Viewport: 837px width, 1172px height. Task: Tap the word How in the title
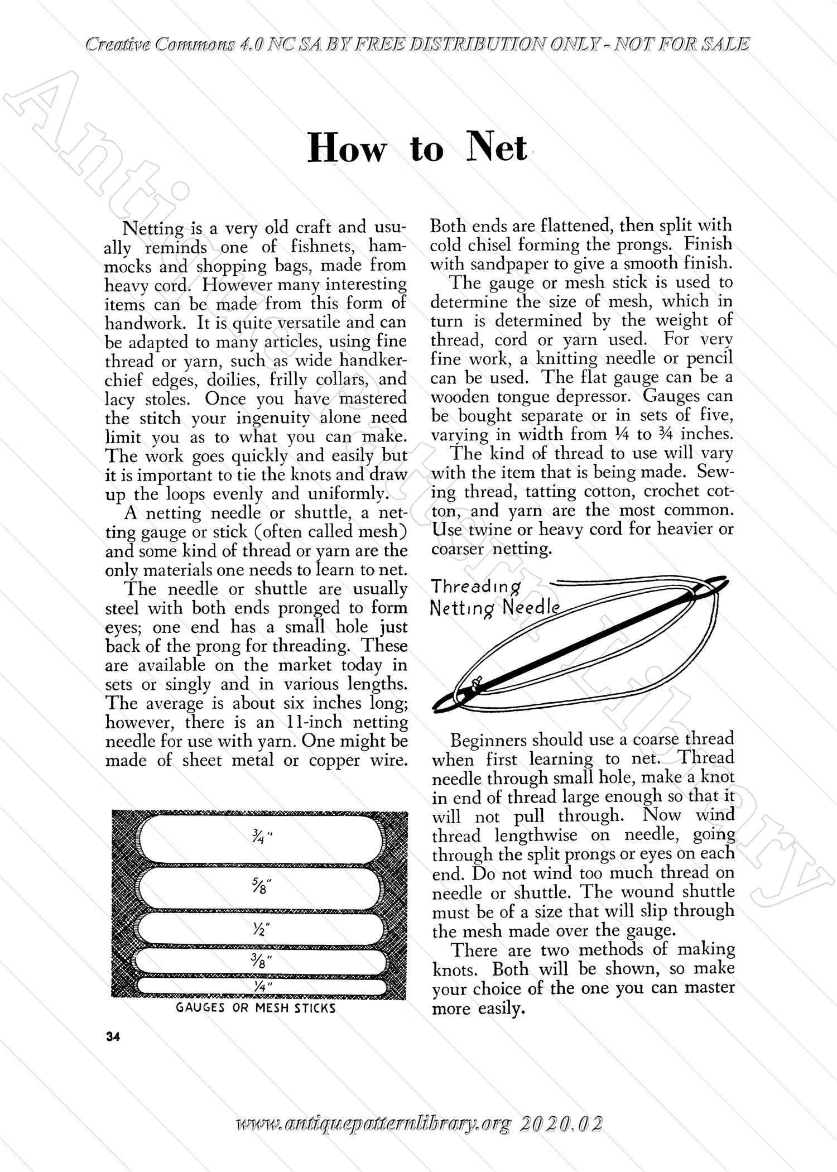coord(347,150)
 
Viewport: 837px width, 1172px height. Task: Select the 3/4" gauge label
coord(259,838)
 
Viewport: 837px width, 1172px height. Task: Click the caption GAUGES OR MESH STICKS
coord(256,1008)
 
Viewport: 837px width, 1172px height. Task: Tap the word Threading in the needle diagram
coord(476,587)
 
